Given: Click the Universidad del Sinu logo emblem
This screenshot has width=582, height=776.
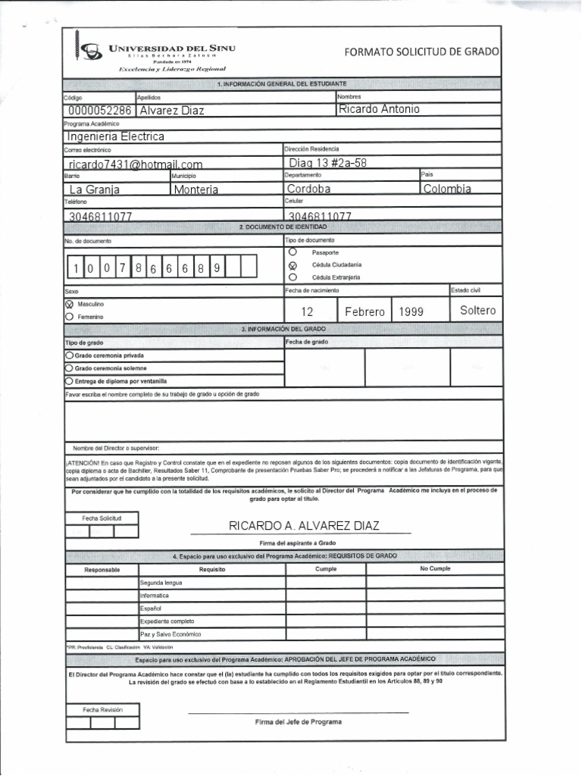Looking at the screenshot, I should point(91,51).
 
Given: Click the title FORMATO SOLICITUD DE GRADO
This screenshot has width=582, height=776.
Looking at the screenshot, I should point(421,52).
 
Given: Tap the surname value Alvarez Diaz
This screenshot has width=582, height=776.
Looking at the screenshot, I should point(172,111).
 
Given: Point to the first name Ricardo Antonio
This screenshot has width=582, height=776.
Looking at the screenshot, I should point(379,109).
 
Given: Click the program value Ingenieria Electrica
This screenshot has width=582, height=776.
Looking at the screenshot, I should point(115,136).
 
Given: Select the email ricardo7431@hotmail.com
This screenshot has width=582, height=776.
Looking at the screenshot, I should point(136,164).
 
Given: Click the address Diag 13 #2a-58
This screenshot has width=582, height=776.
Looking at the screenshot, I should point(328,163).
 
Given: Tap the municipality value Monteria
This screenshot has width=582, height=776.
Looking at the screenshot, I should point(196,189).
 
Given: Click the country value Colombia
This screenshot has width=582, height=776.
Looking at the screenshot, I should point(447,189).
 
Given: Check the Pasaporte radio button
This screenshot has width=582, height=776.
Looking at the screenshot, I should point(293,251).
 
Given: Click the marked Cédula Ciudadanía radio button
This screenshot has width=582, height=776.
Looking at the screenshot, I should point(293,264).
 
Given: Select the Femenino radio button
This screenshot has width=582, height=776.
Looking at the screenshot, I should point(70,317).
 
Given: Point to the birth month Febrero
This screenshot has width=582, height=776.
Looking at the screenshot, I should point(365,311).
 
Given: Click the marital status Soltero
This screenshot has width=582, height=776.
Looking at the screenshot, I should point(477,311).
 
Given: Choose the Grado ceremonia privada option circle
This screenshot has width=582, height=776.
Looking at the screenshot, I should point(70,355).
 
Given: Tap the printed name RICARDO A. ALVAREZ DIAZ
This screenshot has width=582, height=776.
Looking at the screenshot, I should point(304,526).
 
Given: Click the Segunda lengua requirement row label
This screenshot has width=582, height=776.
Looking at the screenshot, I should point(161,583).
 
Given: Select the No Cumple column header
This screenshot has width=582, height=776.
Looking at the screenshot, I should point(434,568).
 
